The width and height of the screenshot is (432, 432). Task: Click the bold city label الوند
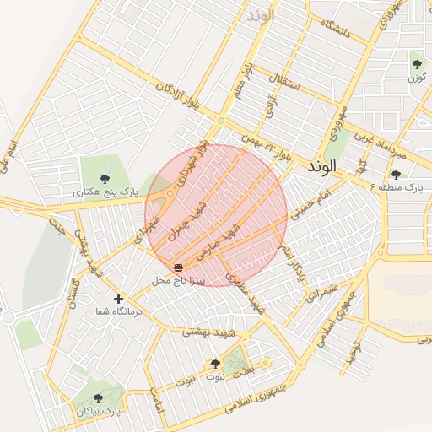pos(321,167)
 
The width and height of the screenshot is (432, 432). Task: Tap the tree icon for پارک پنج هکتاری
pos(105,178)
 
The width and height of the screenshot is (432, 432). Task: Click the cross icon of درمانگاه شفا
pos(118,299)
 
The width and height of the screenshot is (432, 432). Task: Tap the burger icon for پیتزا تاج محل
pos(178,267)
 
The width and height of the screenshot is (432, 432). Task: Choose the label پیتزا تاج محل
pos(178,279)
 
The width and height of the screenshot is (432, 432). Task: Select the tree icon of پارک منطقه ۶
pos(396,174)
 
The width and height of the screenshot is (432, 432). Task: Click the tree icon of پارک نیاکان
pos(98,397)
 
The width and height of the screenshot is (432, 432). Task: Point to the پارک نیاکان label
pos(100,411)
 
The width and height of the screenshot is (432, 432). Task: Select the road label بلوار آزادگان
pos(178,96)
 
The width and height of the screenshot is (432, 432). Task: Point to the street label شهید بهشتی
pos(203,332)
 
